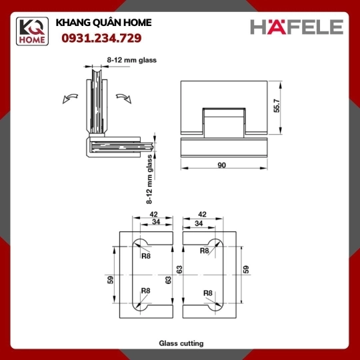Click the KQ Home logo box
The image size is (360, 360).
(x=32, y=31)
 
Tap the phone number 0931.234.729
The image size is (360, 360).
(x=101, y=38)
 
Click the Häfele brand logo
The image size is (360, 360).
(x=297, y=27)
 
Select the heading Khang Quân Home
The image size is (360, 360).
(x=103, y=23)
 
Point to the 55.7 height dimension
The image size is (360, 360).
(x=277, y=105)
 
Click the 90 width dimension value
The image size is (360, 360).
(x=221, y=165)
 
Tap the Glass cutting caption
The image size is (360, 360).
(x=181, y=343)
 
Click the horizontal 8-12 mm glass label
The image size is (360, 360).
(x=132, y=60)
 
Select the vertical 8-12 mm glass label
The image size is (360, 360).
(x=149, y=179)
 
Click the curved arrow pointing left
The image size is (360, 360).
(x=70, y=98)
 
